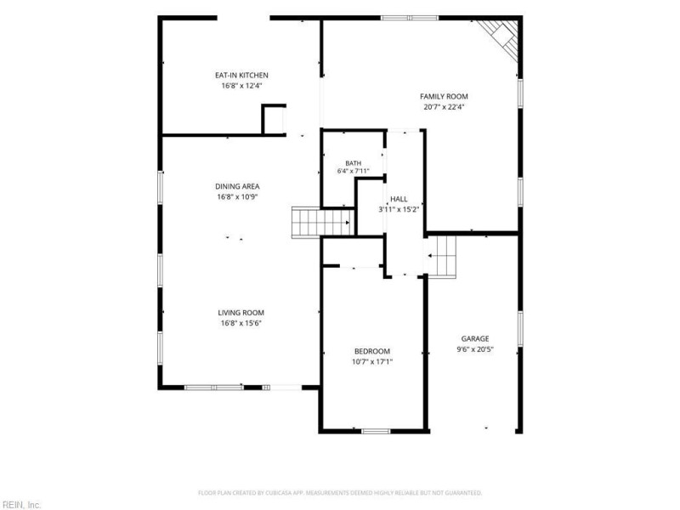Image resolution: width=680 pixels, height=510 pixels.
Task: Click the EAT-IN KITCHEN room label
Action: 241,75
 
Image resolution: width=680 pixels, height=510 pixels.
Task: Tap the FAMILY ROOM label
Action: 444,96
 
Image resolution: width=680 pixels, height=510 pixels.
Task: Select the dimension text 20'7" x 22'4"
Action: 444,107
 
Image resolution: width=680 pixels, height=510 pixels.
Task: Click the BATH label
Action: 353,163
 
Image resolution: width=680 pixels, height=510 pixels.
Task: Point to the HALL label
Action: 399,199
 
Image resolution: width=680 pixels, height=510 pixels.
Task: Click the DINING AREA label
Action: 237,186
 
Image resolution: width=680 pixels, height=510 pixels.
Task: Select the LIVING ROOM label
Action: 241,313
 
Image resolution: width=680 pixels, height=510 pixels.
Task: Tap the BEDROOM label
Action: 372,351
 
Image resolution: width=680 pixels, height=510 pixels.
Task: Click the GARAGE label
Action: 475,338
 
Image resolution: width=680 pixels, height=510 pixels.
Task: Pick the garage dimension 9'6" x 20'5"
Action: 475,349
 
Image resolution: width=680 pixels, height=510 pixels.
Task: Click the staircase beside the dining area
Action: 323,222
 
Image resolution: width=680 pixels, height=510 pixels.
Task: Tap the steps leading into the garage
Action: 441,257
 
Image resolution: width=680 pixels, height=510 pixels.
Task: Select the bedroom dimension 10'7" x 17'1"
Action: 372,362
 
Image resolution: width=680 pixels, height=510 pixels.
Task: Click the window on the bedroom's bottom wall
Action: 376,431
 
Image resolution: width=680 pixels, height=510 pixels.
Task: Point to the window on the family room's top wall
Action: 410,18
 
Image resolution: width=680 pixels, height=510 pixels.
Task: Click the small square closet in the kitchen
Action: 274,120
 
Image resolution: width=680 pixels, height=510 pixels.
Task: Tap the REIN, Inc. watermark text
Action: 20,505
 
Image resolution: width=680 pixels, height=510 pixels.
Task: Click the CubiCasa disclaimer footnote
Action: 340,493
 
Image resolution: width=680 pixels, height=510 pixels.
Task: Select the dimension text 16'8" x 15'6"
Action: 241,323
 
